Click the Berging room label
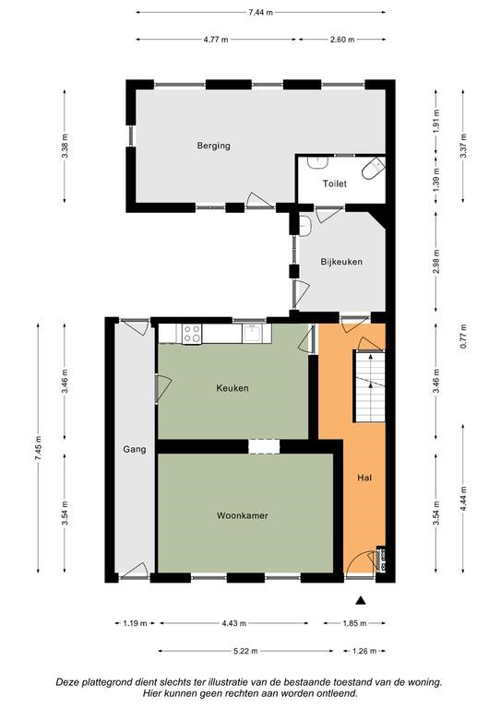pos(214,146)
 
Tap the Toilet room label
pos(335,183)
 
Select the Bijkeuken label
pos(341,262)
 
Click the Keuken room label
pos(233,388)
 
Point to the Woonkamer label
pos(242,515)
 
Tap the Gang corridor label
pos(135,449)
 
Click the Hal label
pos(364,478)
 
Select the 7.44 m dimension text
pos(261,13)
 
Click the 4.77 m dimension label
pos(216,40)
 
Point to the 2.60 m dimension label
pos(342,40)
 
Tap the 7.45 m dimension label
pos(38,447)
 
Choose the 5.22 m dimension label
pos(245,651)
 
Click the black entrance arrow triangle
pos(360,600)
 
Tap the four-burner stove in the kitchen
pos(192,334)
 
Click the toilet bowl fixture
pos(373,169)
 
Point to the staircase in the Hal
pos(369,386)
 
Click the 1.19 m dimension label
pos(135,623)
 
